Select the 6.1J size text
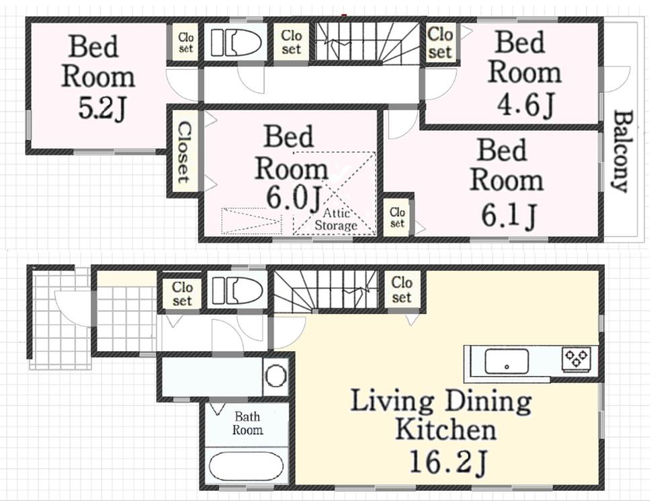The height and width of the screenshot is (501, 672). click(x=509, y=215)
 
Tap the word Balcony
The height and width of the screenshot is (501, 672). click(x=622, y=151)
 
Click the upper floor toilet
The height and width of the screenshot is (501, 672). click(x=236, y=43)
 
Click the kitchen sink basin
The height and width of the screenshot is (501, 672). click(x=505, y=361)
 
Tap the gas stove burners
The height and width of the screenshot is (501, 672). click(x=577, y=358)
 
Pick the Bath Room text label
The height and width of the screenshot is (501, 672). click(x=247, y=424)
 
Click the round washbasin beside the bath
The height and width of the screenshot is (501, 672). click(x=276, y=376)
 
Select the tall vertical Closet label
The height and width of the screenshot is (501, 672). click(x=183, y=152)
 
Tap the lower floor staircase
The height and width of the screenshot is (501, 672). click(x=327, y=291)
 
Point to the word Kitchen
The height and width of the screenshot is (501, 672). click(x=446, y=429)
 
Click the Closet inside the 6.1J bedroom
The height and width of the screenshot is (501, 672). click(x=398, y=216)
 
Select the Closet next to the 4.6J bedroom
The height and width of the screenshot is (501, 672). click(x=440, y=42)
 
